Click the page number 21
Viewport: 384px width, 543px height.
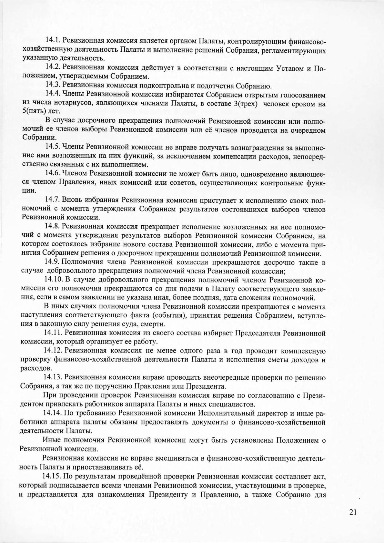click(x=352, y=512)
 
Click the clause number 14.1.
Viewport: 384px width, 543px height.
click(x=53, y=40)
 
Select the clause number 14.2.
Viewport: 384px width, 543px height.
click(x=53, y=67)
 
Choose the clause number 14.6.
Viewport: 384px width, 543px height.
click(x=53, y=174)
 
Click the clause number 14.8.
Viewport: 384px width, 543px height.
click(x=53, y=226)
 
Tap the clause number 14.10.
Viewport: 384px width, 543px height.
click(x=54, y=279)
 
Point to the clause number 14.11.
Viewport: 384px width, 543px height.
click(x=54, y=333)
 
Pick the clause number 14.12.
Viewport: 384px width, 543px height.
click(x=54, y=351)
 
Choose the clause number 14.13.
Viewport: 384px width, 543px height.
click(x=54, y=377)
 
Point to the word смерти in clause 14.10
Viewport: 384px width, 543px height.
click(x=155, y=324)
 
